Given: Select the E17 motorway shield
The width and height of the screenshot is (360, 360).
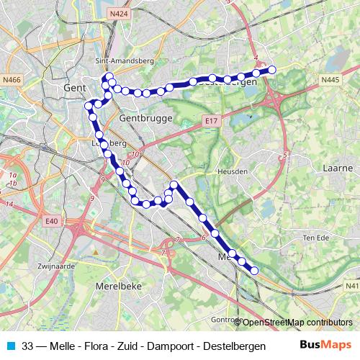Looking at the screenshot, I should click(x=210, y=122).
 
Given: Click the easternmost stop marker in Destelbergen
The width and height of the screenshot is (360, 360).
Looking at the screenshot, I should click(x=272, y=70).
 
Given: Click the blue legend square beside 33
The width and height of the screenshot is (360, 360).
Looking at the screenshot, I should click(x=10, y=346).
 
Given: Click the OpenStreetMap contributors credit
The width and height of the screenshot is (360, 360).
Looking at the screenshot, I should click(x=297, y=322).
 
